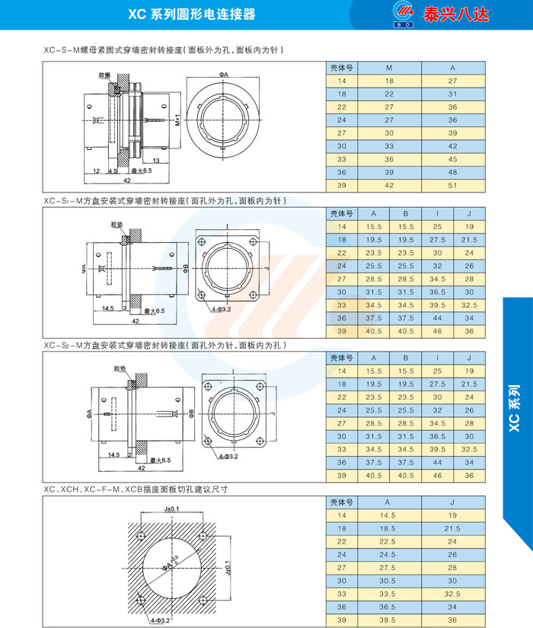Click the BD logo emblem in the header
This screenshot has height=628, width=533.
[404, 14]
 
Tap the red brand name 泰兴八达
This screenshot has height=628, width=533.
[456, 14]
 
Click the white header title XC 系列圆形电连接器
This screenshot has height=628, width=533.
[192, 14]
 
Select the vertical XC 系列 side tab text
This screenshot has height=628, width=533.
[515, 408]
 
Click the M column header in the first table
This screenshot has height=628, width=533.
[389, 68]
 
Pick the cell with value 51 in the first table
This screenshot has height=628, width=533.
[452, 186]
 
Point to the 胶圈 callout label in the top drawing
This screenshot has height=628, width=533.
[104, 75]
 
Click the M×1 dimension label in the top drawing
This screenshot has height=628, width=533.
[177, 120]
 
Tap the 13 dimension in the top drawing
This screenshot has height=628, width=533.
[156, 161]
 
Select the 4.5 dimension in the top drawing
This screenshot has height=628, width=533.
[113, 171]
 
